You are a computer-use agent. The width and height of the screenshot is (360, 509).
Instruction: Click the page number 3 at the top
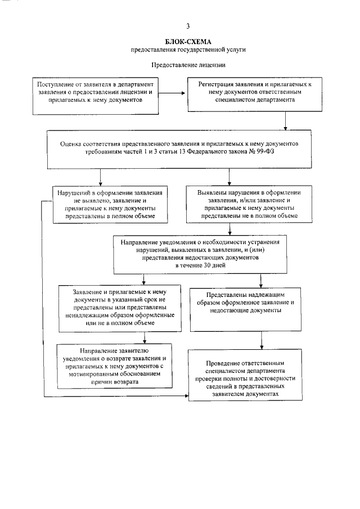point(188,26)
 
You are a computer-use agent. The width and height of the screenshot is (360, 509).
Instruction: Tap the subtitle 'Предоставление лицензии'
point(188,65)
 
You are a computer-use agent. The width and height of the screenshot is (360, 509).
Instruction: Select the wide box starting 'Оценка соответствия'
point(188,148)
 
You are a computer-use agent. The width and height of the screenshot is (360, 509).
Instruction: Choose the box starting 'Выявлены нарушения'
point(245,204)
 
